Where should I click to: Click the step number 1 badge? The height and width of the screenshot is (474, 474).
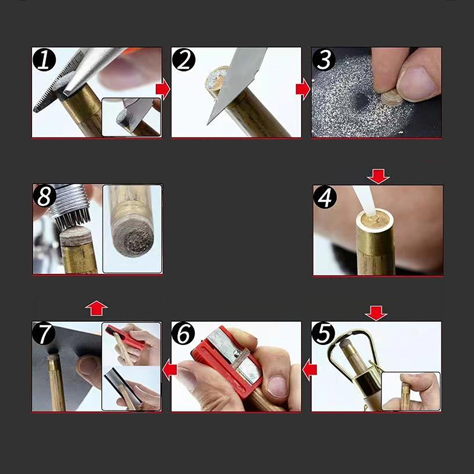tap(44, 60)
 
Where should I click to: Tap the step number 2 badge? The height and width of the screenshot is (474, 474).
tap(184, 60)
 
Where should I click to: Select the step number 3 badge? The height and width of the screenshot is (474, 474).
tap(324, 60)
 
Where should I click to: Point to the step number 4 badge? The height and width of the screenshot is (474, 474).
tap(325, 197)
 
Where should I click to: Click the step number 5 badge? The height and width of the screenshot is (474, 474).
tap(324, 334)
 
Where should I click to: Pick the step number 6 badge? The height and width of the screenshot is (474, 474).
tap(184, 334)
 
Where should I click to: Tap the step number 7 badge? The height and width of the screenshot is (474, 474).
tap(44, 334)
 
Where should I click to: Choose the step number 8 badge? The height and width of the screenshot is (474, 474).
tap(45, 196)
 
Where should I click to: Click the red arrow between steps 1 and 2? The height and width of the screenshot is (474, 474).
tap(163, 89)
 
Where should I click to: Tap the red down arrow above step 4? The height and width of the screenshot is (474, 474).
tap(378, 177)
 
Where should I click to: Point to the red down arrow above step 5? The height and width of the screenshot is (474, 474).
tap(376, 313)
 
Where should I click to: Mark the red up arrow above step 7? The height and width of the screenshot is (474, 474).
tap(97, 308)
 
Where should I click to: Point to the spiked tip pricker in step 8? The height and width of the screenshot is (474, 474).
tap(69, 206)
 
